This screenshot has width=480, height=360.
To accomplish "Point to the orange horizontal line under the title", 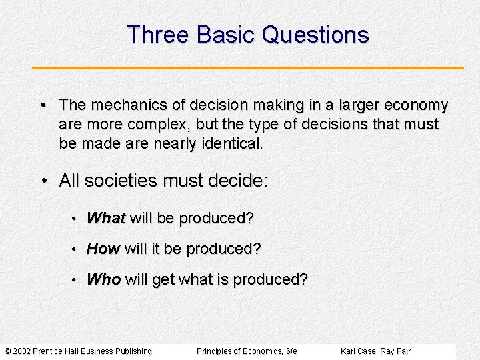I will pos(248,68).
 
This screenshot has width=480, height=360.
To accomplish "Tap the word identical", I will pos(231,143).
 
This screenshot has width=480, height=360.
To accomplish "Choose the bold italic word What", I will pos(106,218).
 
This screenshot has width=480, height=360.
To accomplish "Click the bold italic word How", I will pos(103,249).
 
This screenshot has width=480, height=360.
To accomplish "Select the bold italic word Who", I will pos(103,279).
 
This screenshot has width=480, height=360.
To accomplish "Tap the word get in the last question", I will pos(163,279).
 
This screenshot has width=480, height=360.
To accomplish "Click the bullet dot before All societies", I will pos(45,181).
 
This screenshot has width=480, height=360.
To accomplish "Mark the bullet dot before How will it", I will pos(76,249).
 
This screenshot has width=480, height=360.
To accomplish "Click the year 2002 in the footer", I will pos(22,351).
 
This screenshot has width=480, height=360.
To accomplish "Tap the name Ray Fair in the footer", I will pos(397,351).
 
